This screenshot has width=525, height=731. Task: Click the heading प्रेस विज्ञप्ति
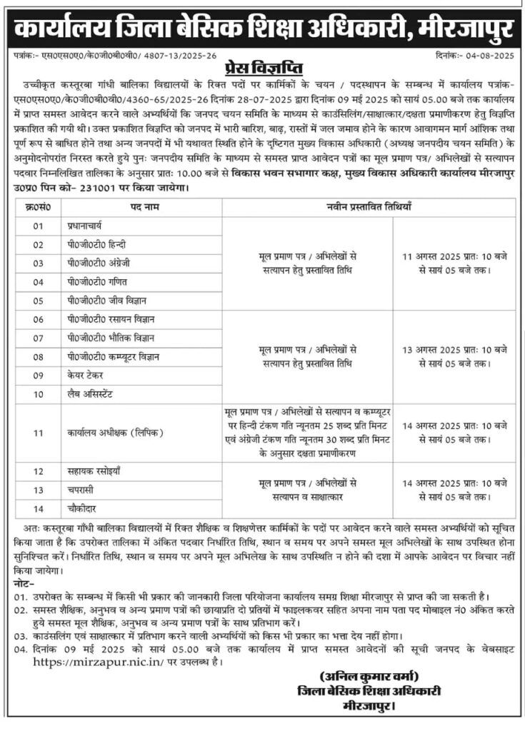click(263, 69)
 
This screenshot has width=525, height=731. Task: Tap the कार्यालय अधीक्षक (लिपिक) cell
click(106, 433)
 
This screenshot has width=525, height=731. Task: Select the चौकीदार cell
click(78, 509)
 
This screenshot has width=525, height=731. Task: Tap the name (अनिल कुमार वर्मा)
click(369, 676)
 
